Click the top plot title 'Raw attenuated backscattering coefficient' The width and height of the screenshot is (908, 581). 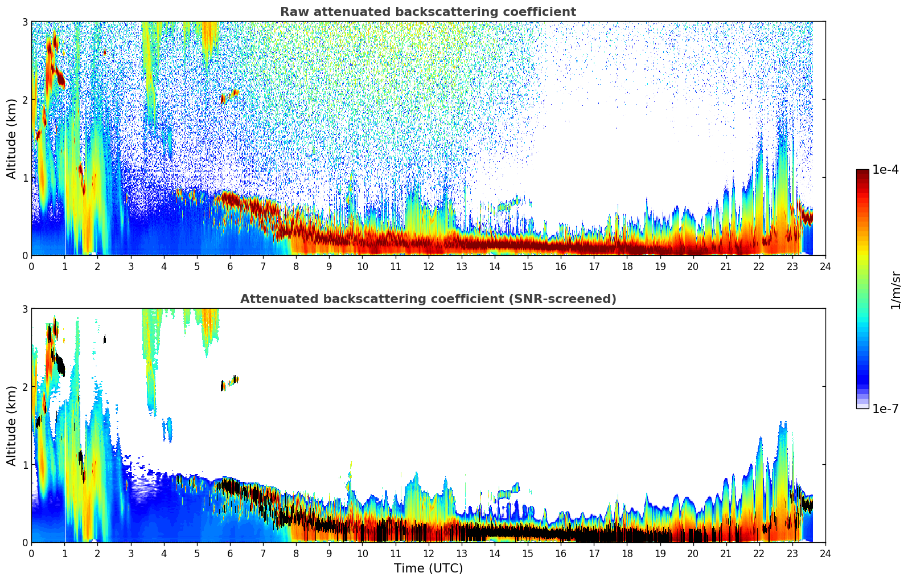428,12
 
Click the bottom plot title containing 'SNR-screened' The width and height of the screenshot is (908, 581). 428,299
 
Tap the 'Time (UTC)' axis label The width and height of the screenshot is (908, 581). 428,568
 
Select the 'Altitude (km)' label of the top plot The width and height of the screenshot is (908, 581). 11,138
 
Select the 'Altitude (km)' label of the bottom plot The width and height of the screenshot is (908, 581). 11,425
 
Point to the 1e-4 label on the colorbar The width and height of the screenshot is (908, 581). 885,170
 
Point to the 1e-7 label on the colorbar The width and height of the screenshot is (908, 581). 885,408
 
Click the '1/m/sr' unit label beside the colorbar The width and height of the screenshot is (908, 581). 895,289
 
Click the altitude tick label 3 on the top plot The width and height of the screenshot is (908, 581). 24,22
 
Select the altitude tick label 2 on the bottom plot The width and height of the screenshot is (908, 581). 24,387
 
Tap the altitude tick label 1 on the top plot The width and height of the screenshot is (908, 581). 24,178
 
